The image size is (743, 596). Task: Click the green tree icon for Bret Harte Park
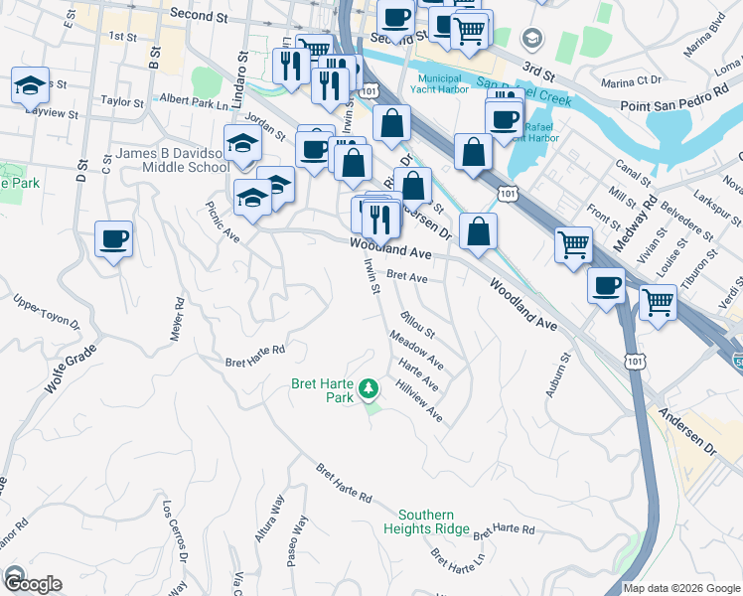tap(370, 386)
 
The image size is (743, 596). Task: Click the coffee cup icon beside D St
tap(113, 240)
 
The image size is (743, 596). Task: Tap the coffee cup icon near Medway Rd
tap(606, 286)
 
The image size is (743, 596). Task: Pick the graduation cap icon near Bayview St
tap(30, 85)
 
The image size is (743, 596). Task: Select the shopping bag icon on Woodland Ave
tap(479, 230)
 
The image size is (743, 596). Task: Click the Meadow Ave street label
tap(417, 353)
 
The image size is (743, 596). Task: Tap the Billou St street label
tap(418, 325)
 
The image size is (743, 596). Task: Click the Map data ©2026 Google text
tap(681, 588)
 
